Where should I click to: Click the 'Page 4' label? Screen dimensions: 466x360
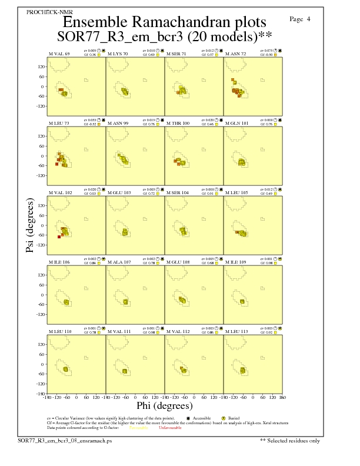point(300,19)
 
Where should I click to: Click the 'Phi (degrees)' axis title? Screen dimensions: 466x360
point(164,405)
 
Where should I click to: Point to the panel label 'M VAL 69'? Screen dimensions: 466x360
point(59,54)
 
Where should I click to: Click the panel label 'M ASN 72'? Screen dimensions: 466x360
point(236,54)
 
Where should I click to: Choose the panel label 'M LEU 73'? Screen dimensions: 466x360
point(59,123)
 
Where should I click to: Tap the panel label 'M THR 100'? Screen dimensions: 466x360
point(178,123)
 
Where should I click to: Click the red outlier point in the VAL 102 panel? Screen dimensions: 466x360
point(59,237)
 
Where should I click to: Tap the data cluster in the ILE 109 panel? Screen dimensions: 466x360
point(242,301)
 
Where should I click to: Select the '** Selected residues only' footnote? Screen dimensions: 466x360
point(291,440)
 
